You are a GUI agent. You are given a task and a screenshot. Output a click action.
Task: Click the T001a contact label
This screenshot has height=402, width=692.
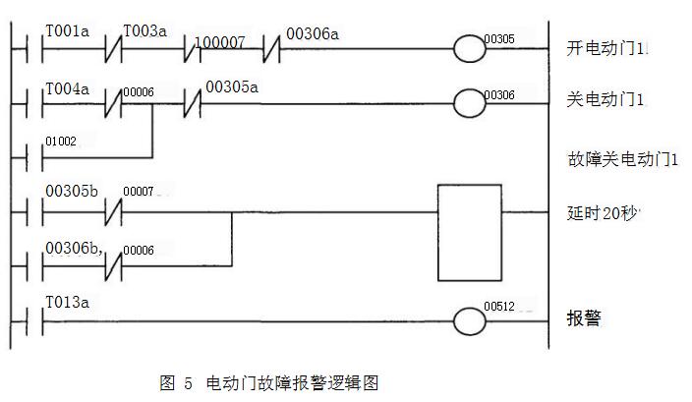[67, 31]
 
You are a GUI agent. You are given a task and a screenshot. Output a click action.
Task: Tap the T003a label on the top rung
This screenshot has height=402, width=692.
[145, 31]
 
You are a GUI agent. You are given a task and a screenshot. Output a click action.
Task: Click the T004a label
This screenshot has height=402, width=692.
[67, 89]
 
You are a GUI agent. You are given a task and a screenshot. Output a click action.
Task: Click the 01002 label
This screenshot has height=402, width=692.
[60, 143]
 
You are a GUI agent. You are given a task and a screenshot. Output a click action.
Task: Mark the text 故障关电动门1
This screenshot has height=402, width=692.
[610, 159]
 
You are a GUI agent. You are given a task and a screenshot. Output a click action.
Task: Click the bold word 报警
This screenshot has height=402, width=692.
[584, 319]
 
